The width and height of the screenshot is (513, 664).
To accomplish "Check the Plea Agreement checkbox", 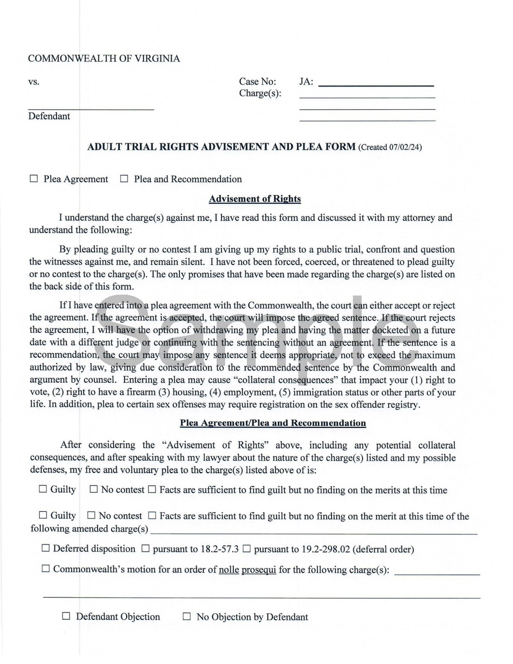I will [34, 179].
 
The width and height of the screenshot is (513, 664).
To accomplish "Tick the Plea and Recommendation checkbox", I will [124, 179].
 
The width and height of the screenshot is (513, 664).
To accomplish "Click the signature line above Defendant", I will [91, 109].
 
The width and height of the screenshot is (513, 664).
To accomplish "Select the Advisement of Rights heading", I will [254, 199].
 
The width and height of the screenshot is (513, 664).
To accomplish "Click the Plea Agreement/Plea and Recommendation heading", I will [273, 423].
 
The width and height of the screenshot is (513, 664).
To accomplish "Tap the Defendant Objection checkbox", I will [66, 616].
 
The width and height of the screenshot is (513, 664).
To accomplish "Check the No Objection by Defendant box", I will [187, 616].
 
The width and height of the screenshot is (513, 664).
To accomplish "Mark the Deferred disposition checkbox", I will [46, 548].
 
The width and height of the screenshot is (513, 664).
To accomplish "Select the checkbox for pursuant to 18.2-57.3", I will [145, 548].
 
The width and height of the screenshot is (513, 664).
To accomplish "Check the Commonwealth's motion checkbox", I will [46, 569].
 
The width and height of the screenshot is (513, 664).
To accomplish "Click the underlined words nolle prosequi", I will [247, 570].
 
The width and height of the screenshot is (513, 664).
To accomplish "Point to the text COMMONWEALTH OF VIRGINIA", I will [104, 59].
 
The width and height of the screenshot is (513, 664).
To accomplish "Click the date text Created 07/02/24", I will [390, 147].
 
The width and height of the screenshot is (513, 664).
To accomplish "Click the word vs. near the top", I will [34, 82].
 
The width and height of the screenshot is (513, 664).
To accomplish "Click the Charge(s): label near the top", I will [260, 93].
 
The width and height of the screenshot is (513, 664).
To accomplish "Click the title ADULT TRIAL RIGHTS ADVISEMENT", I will [221, 147].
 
